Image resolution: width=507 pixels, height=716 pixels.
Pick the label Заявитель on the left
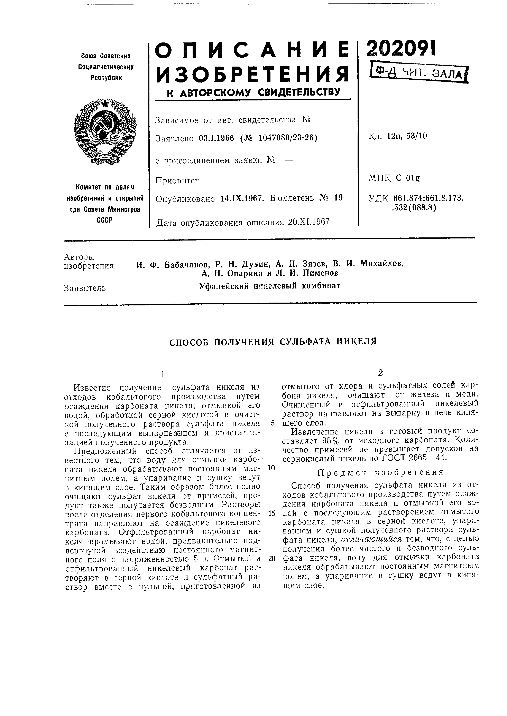click(x=85, y=288)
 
